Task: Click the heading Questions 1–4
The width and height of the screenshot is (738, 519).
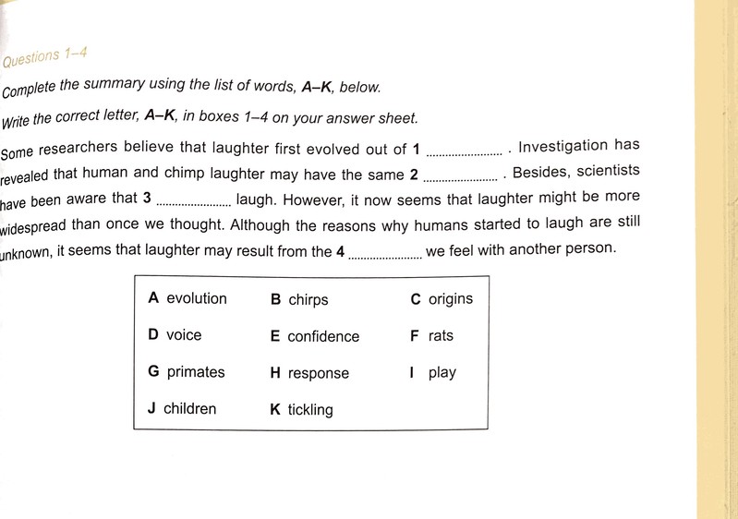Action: click(45, 58)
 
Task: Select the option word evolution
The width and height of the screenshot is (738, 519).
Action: click(196, 298)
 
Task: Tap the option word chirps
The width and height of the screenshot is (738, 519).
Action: click(308, 300)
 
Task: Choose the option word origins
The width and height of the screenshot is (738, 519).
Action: click(450, 299)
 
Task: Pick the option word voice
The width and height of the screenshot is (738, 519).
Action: click(184, 335)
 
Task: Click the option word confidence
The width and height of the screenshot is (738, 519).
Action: click(323, 337)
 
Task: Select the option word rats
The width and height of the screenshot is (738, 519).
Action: click(441, 336)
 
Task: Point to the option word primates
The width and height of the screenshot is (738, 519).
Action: click(195, 372)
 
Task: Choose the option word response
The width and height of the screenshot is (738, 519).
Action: click(318, 374)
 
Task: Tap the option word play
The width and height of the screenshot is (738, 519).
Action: click(442, 373)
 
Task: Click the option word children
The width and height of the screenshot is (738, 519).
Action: click(189, 408)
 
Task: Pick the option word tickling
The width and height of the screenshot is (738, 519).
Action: click(309, 410)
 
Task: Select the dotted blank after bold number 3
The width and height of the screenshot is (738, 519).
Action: click(194, 201)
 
